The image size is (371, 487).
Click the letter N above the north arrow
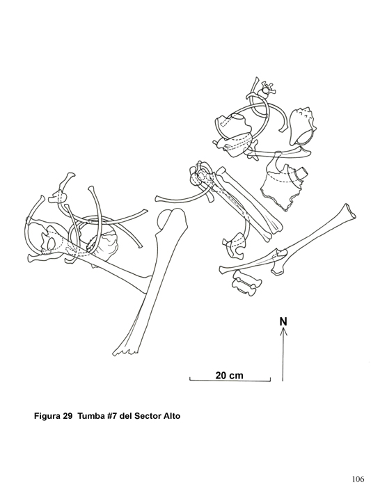coord(283,321)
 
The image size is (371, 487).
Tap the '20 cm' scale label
coord(229,375)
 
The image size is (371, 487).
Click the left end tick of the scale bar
coord(190,378)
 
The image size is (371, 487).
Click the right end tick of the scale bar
coord(270,378)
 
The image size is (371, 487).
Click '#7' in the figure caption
coord(113,415)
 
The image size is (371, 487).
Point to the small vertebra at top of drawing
coord(267,90)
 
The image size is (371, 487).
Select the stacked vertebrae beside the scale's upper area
coord(246,282)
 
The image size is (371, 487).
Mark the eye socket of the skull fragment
coord(49,242)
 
